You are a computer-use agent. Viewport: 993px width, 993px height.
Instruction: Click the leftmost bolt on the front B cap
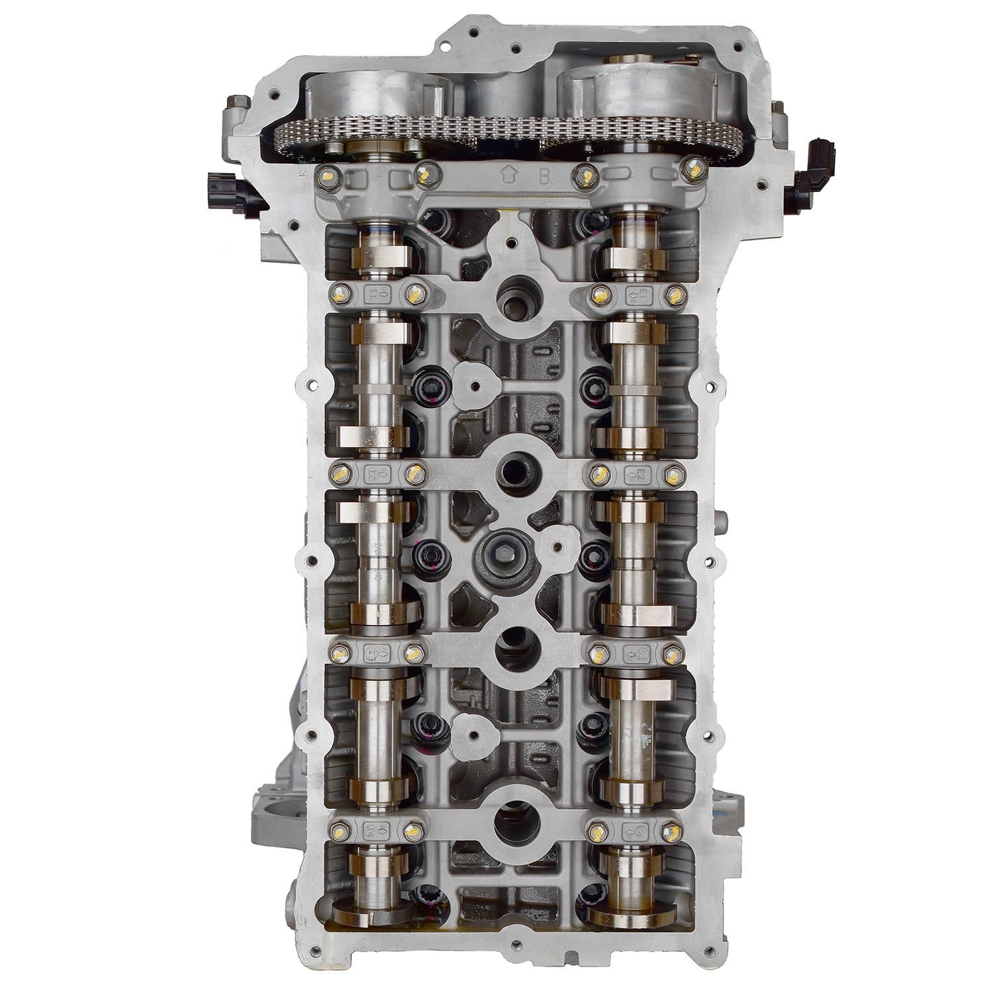325,175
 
